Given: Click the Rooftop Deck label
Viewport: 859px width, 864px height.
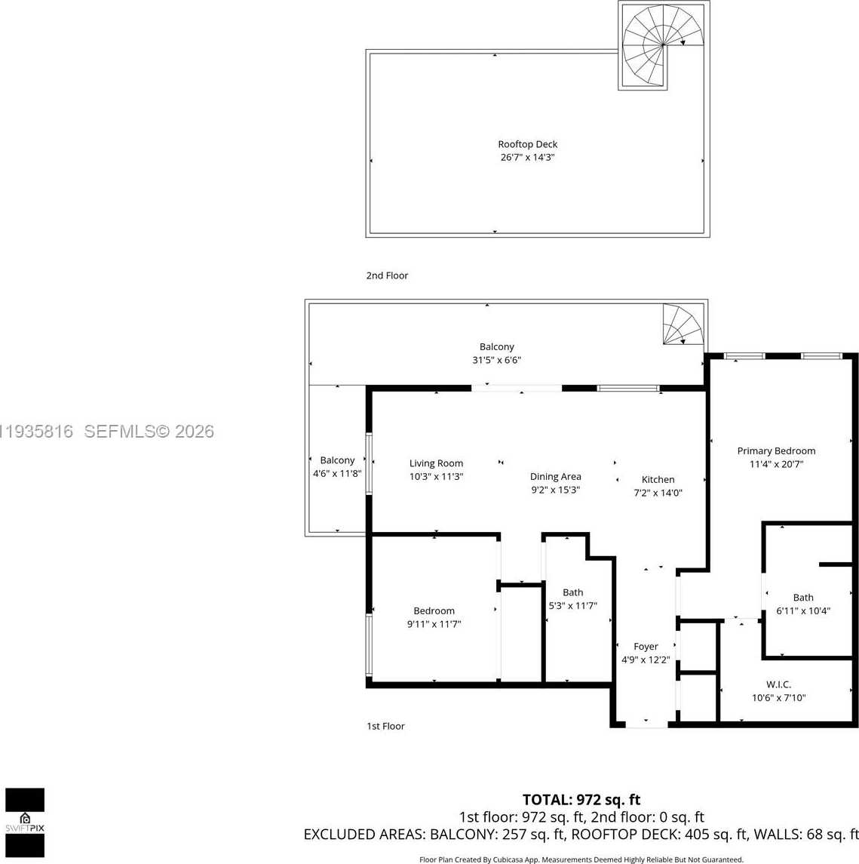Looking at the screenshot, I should tap(527, 144).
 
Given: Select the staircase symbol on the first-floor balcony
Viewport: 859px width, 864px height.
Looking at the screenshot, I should tap(683, 324).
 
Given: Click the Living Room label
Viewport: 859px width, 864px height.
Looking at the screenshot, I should tap(436, 463).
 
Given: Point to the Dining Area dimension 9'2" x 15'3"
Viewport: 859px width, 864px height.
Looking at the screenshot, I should tap(555, 490).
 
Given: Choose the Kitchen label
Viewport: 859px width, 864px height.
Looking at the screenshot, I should tap(658, 479).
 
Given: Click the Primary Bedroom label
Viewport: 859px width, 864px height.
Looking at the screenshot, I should tap(776, 450).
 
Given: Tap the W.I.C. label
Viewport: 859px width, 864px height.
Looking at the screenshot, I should tap(778, 684).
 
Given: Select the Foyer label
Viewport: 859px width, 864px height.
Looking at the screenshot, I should tap(646, 646).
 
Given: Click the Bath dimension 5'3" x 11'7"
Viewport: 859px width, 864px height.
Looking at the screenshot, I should tap(572, 605).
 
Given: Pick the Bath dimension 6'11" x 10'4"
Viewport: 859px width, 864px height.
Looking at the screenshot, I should tap(802, 610).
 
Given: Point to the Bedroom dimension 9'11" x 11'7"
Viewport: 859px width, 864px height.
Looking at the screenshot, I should tap(434, 624).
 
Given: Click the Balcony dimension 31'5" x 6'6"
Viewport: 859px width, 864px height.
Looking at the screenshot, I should tap(496, 360).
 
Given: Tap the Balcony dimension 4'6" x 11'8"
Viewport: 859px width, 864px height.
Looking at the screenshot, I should tap(337, 473).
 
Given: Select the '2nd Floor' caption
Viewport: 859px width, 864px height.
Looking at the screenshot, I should tap(387, 275).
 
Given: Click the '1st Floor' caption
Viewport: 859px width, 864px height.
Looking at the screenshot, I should tap(385, 726).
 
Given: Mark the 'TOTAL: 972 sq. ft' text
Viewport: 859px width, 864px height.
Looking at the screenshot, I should tap(581, 800).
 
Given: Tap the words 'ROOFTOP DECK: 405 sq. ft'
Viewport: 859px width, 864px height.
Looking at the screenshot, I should tap(658, 834).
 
